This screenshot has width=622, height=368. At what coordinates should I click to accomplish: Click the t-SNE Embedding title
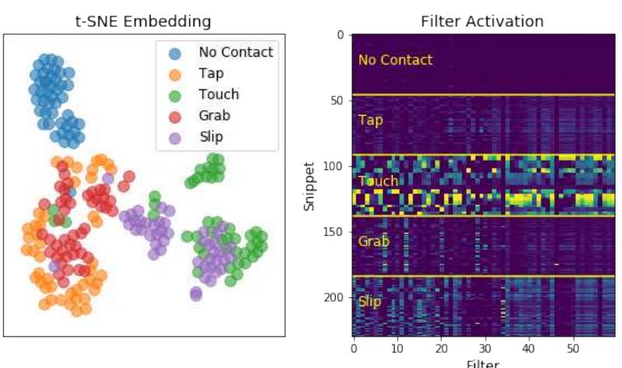(x=145, y=21)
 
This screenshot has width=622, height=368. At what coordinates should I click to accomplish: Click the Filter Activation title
(x=482, y=21)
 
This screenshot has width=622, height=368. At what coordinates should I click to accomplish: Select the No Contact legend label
(x=236, y=53)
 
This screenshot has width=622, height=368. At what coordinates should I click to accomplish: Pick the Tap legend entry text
(x=211, y=74)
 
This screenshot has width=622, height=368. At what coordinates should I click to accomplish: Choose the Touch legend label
(x=218, y=95)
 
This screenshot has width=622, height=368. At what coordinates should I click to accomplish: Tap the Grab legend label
(x=215, y=116)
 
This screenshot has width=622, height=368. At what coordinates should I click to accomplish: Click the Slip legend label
(x=211, y=137)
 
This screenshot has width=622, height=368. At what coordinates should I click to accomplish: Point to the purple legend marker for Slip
(x=175, y=137)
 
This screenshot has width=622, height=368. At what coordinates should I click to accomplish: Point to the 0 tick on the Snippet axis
(x=340, y=35)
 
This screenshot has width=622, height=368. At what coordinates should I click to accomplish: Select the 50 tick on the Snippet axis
(x=337, y=101)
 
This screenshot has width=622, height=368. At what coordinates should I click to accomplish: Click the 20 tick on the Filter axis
(x=442, y=349)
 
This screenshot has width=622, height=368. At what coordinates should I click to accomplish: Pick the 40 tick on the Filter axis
(x=529, y=349)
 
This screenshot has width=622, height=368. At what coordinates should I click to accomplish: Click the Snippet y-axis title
(x=310, y=186)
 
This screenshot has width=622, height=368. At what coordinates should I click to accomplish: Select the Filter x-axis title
(x=483, y=363)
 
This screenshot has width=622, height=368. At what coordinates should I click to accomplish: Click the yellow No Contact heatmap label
(x=395, y=60)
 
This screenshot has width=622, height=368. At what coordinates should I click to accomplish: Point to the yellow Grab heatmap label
(x=373, y=241)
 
